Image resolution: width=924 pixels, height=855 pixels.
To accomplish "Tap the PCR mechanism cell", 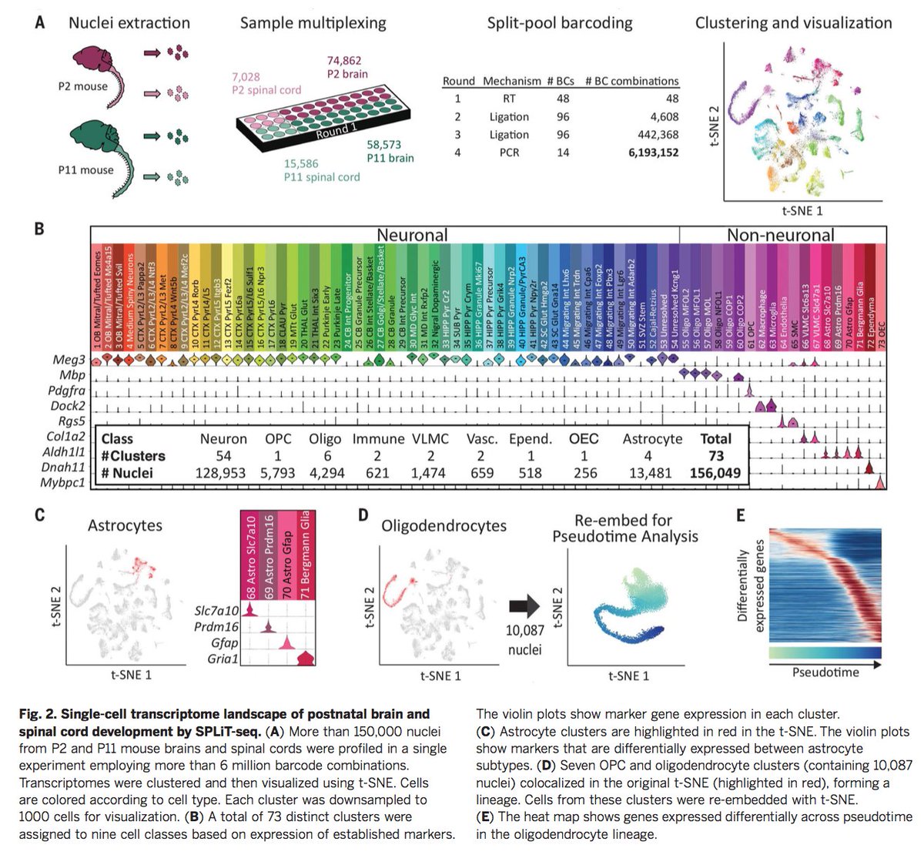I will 508,153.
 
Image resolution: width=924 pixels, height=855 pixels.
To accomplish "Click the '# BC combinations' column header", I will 631,81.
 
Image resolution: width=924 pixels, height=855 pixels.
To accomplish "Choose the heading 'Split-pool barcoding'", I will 560,22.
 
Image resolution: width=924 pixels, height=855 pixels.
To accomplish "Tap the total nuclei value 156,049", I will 715,473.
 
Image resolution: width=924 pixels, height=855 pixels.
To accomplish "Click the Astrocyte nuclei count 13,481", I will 648,473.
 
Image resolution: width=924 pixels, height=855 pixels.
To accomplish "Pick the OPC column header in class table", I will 278,439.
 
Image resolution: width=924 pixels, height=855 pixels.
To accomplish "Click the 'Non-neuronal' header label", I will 781,235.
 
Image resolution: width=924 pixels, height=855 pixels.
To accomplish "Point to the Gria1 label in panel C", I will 223,659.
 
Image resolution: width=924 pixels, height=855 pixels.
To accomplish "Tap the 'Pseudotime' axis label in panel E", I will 825,672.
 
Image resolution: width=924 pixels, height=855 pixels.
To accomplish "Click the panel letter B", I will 39,229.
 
